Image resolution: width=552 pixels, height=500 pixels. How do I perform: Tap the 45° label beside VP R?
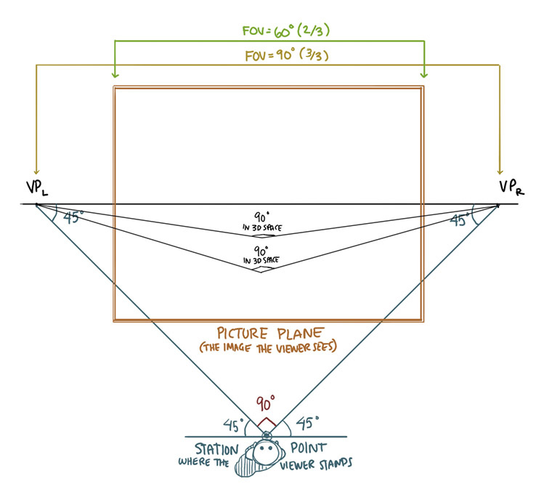tap(458, 218)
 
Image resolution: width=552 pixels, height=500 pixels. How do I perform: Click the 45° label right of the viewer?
tap(307, 422)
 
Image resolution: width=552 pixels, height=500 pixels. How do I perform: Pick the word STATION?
tap(216, 449)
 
